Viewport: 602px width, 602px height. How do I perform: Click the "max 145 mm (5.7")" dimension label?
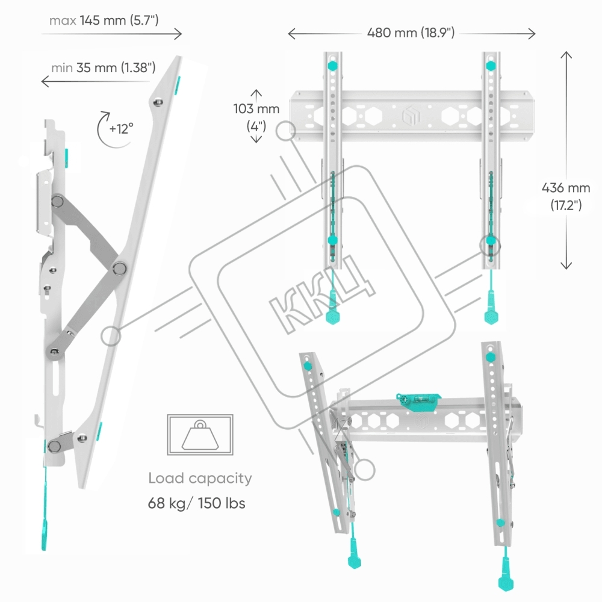(104, 20)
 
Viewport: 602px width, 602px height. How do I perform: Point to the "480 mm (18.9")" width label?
(411, 33)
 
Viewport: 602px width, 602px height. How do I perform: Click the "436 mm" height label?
(565, 188)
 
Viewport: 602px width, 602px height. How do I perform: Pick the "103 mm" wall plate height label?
(257, 109)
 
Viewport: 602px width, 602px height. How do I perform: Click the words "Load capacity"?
(200, 479)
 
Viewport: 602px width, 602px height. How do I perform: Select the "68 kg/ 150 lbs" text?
(197, 503)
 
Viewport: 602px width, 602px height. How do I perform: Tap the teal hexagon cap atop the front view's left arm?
(333, 65)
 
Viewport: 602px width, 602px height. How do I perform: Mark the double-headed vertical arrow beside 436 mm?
(566, 160)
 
